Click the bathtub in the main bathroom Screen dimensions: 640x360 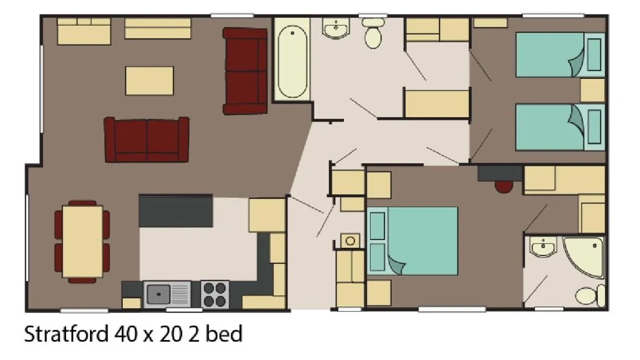click(292, 59)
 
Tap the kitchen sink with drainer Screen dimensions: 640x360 click(167, 294)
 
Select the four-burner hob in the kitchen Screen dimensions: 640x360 click(214, 294)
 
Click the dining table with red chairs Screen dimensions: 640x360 click(82, 242)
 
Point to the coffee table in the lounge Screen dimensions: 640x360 click(149, 81)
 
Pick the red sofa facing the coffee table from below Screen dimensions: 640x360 click(147, 139)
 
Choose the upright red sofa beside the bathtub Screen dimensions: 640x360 click(245, 71)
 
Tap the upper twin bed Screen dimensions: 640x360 click(560, 55)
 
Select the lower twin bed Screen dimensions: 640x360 click(560, 127)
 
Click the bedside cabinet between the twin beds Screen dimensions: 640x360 click(592, 90)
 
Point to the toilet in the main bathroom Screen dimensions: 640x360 click(373, 33)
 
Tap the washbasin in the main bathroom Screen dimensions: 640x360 click(336, 28)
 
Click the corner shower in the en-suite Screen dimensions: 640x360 click(584, 256)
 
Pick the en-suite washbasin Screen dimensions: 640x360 click(543, 247)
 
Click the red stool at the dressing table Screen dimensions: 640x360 click(504, 187)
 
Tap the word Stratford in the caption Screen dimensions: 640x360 click(67, 334)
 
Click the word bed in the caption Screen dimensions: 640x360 click(224, 333)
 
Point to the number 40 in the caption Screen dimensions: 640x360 click(126, 334)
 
